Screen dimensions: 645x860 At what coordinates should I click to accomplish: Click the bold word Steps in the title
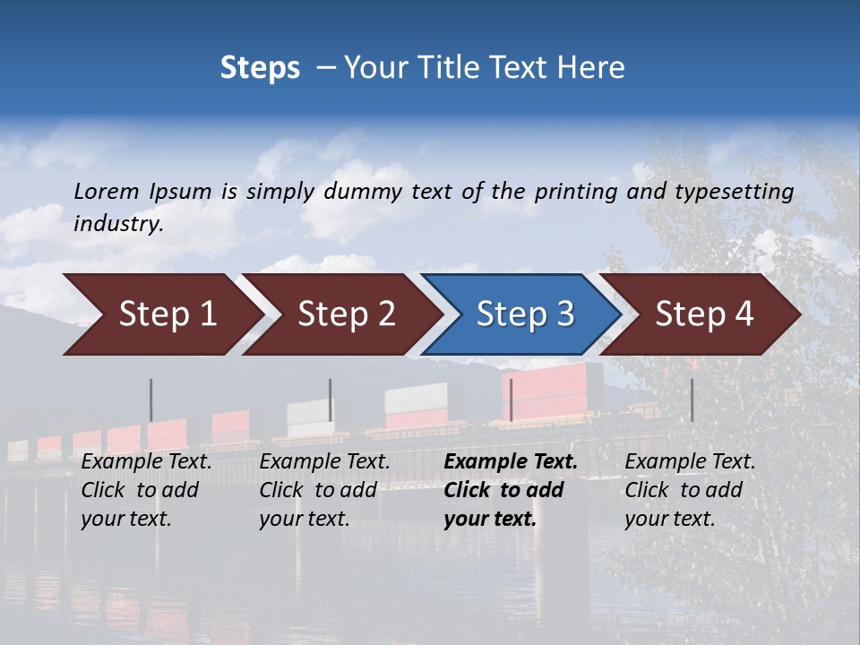pyautogui.click(x=260, y=68)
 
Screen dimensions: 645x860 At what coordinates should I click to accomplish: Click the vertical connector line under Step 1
pyautogui.click(x=150, y=400)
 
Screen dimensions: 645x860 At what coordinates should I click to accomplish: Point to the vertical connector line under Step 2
pyautogui.click(x=330, y=400)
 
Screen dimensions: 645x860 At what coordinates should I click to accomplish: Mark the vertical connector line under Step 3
pyautogui.click(x=511, y=400)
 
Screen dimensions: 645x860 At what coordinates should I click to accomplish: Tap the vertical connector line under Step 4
pyautogui.click(x=692, y=400)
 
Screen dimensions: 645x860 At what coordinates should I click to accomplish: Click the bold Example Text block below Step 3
pyautogui.click(x=511, y=490)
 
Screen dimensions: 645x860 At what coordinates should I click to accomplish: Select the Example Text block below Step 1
pyautogui.click(x=146, y=490)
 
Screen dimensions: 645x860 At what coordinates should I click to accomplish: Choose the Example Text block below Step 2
pyautogui.click(x=324, y=490)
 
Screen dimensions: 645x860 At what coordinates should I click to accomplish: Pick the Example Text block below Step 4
pyautogui.click(x=690, y=490)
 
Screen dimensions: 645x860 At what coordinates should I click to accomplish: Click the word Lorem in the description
pyautogui.click(x=107, y=191)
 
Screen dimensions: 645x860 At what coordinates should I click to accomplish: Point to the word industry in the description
pyautogui.click(x=118, y=224)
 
